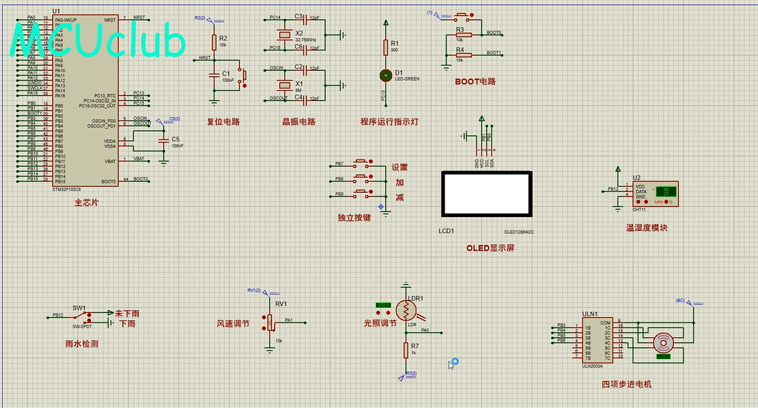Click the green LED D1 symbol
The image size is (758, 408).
pyautogui.click(x=386, y=75)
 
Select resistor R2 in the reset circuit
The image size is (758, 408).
pyautogui.click(x=214, y=41)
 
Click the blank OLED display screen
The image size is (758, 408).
pyautogui.click(x=486, y=194)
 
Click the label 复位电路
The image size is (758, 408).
pyautogui.click(x=223, y=122)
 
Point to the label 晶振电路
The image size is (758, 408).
pyautogui.click(x=299, y=122)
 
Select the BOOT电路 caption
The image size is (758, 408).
pyautogui.click(x=475, y=82)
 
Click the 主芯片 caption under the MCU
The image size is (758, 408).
pyautogui.click(x=86, y=203)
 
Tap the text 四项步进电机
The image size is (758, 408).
pyautogui.click(x=626, y=384)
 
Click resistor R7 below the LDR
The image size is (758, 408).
pyautogui.click(x=406, y=350)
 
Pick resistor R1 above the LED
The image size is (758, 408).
pyautogui.click(x=386, y=47)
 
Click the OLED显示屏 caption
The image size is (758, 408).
pyautogui.click(x=490, y=248)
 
